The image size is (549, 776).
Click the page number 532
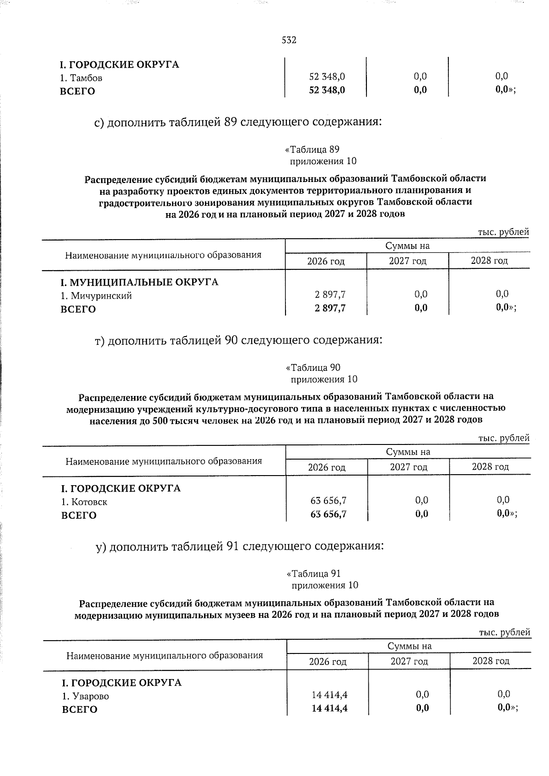[289, 40]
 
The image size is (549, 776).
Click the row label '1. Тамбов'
[82, 78]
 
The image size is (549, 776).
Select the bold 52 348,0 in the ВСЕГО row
[327, 90]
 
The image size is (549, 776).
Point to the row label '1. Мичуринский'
[97, 296]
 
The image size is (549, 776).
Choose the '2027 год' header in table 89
[408, 261]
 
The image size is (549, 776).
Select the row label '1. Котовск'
[85, 502]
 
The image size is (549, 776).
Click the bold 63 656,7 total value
[328, 514]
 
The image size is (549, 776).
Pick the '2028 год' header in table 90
[490, 467]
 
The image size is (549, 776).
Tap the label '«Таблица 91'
[313, 573]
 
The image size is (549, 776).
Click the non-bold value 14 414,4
[329, 695]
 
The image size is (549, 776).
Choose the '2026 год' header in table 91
[328, 662]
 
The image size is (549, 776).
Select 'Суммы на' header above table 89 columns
[408, 246]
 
